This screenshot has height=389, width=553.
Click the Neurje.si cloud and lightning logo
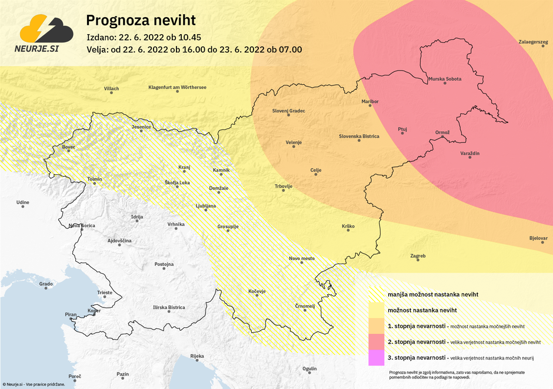coord(46,32)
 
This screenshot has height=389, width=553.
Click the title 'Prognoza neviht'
coord(141,21)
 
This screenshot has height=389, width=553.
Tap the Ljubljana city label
coord(206,206)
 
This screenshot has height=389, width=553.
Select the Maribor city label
coord(370,101)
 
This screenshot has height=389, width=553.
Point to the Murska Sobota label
coord(445,79)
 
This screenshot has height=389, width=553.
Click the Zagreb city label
coord(418,256)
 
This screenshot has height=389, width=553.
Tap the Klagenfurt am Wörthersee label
coord(177,88)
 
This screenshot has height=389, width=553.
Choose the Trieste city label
coord(105,292)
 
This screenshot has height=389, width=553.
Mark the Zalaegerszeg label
coord(533,42)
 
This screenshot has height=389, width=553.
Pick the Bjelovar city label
coord(538,238)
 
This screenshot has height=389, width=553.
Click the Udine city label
coord(22,202)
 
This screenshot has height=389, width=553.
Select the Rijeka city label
coord(197,356)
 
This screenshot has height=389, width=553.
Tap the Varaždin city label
coord(470,153)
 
